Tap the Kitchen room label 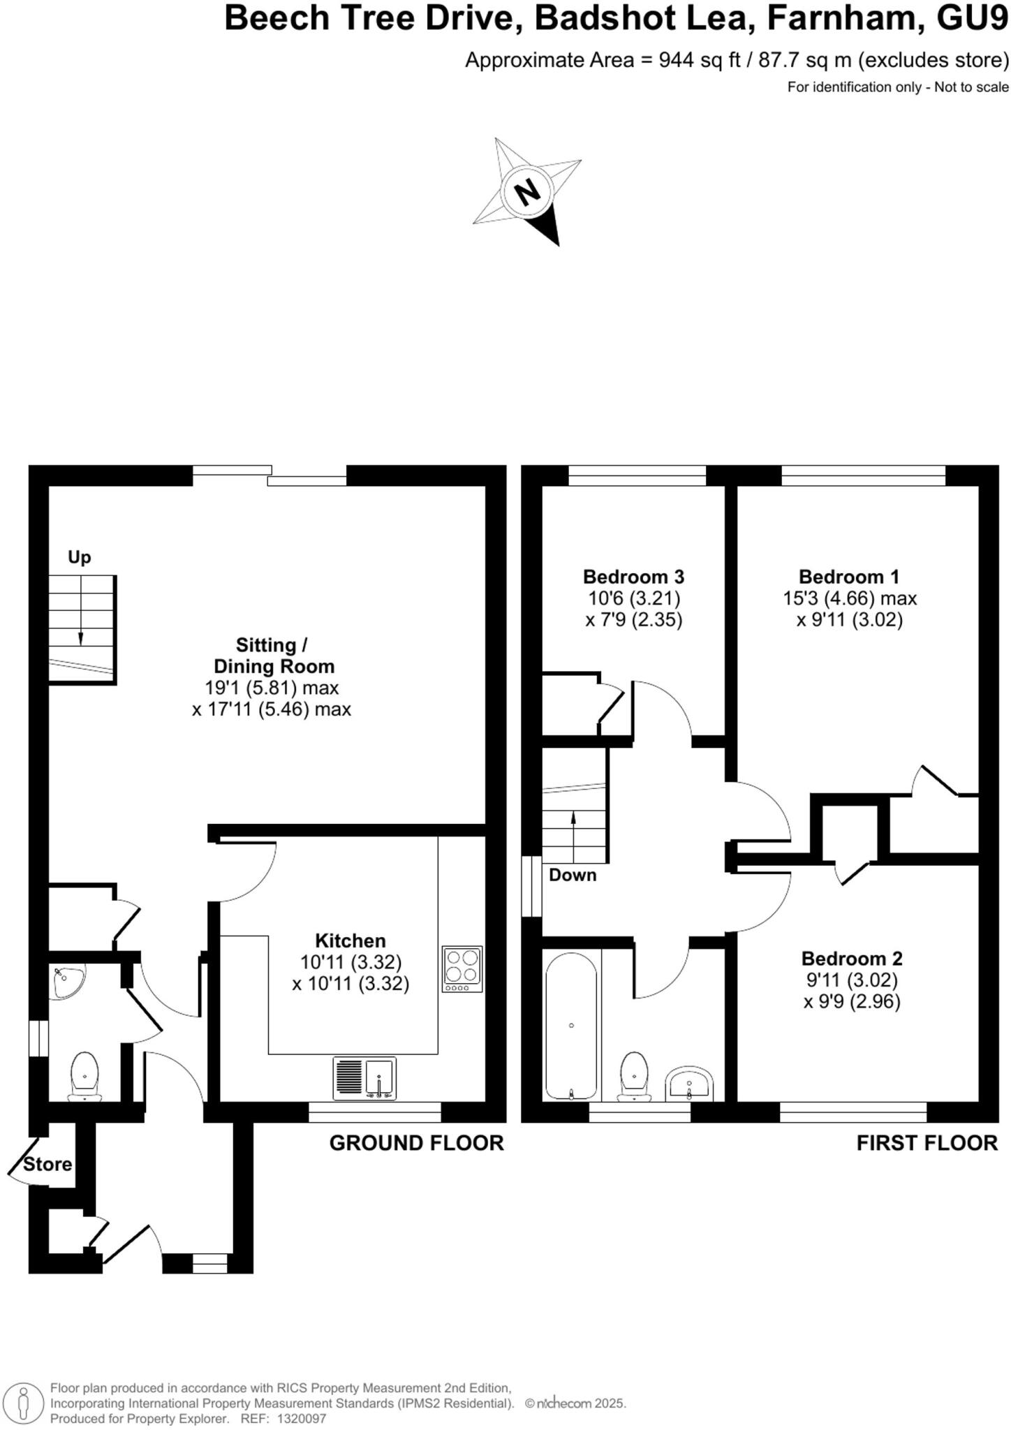coord(350,941)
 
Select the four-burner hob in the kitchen coord(462,969)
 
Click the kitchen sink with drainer coord(364,1078)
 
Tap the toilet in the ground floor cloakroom coord(84,1076)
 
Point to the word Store coord(47,1164)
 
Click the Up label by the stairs coord(80,557)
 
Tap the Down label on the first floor coord(573,875)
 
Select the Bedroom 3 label coord(633,577)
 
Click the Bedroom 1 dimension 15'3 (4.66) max coord(850,598)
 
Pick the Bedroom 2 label coord(852,959)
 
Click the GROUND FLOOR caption coord(416,1143)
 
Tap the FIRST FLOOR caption coord(927,1143)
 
